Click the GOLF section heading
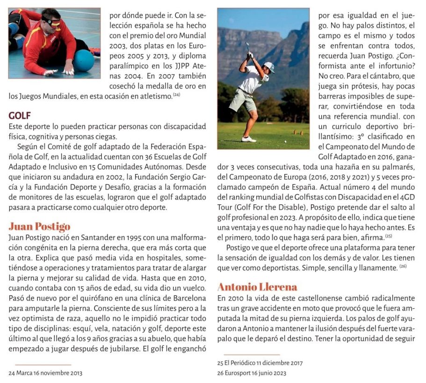click(x=20, y=115)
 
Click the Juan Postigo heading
click(x=39, y=227)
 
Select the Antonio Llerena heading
click(x=257, y=286)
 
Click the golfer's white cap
click(x=269, y=67)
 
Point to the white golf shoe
click(x=249, y=139)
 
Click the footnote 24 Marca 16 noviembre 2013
click(x=46, y=373)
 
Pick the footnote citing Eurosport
click(x=252, y=373)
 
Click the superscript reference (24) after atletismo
click(x=176, y=95)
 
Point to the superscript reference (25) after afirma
click(x=388, y=237)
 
